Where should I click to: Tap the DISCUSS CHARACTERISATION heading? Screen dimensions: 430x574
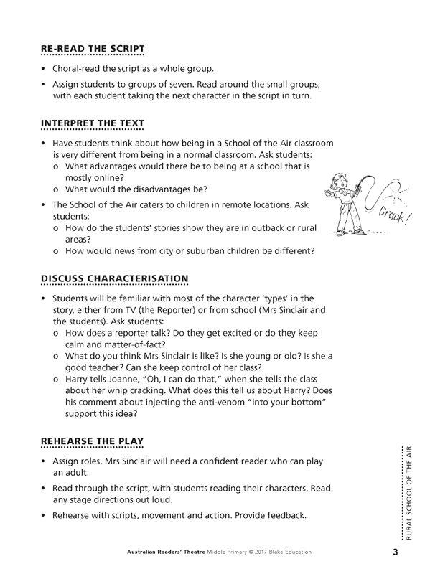114,278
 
